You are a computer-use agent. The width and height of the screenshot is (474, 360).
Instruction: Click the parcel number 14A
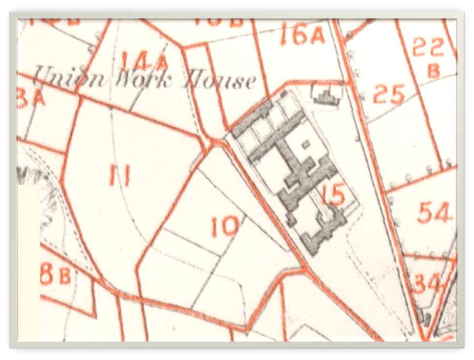point(144,61)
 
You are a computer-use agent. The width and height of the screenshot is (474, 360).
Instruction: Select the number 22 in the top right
point(428,47)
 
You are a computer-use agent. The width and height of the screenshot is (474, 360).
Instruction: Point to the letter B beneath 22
point(433,71)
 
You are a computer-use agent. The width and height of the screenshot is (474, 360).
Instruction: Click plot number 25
point(389,95)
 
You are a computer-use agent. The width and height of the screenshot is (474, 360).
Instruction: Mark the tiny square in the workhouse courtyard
point(305,144)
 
